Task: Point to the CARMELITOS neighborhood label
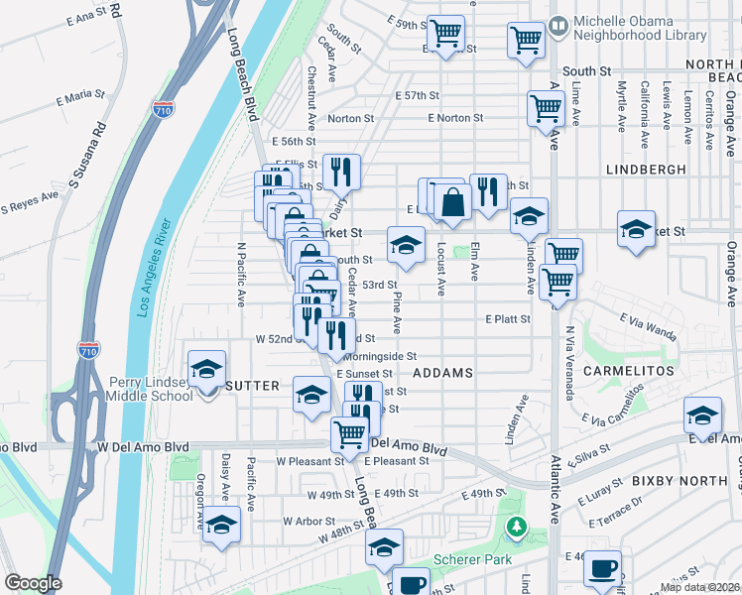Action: (630, 371)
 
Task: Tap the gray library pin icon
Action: (558, 23)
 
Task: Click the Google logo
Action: (33, 583)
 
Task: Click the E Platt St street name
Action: (508, 319)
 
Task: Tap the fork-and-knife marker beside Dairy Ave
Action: (341, 173)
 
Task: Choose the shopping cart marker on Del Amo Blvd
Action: (349, 433)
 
